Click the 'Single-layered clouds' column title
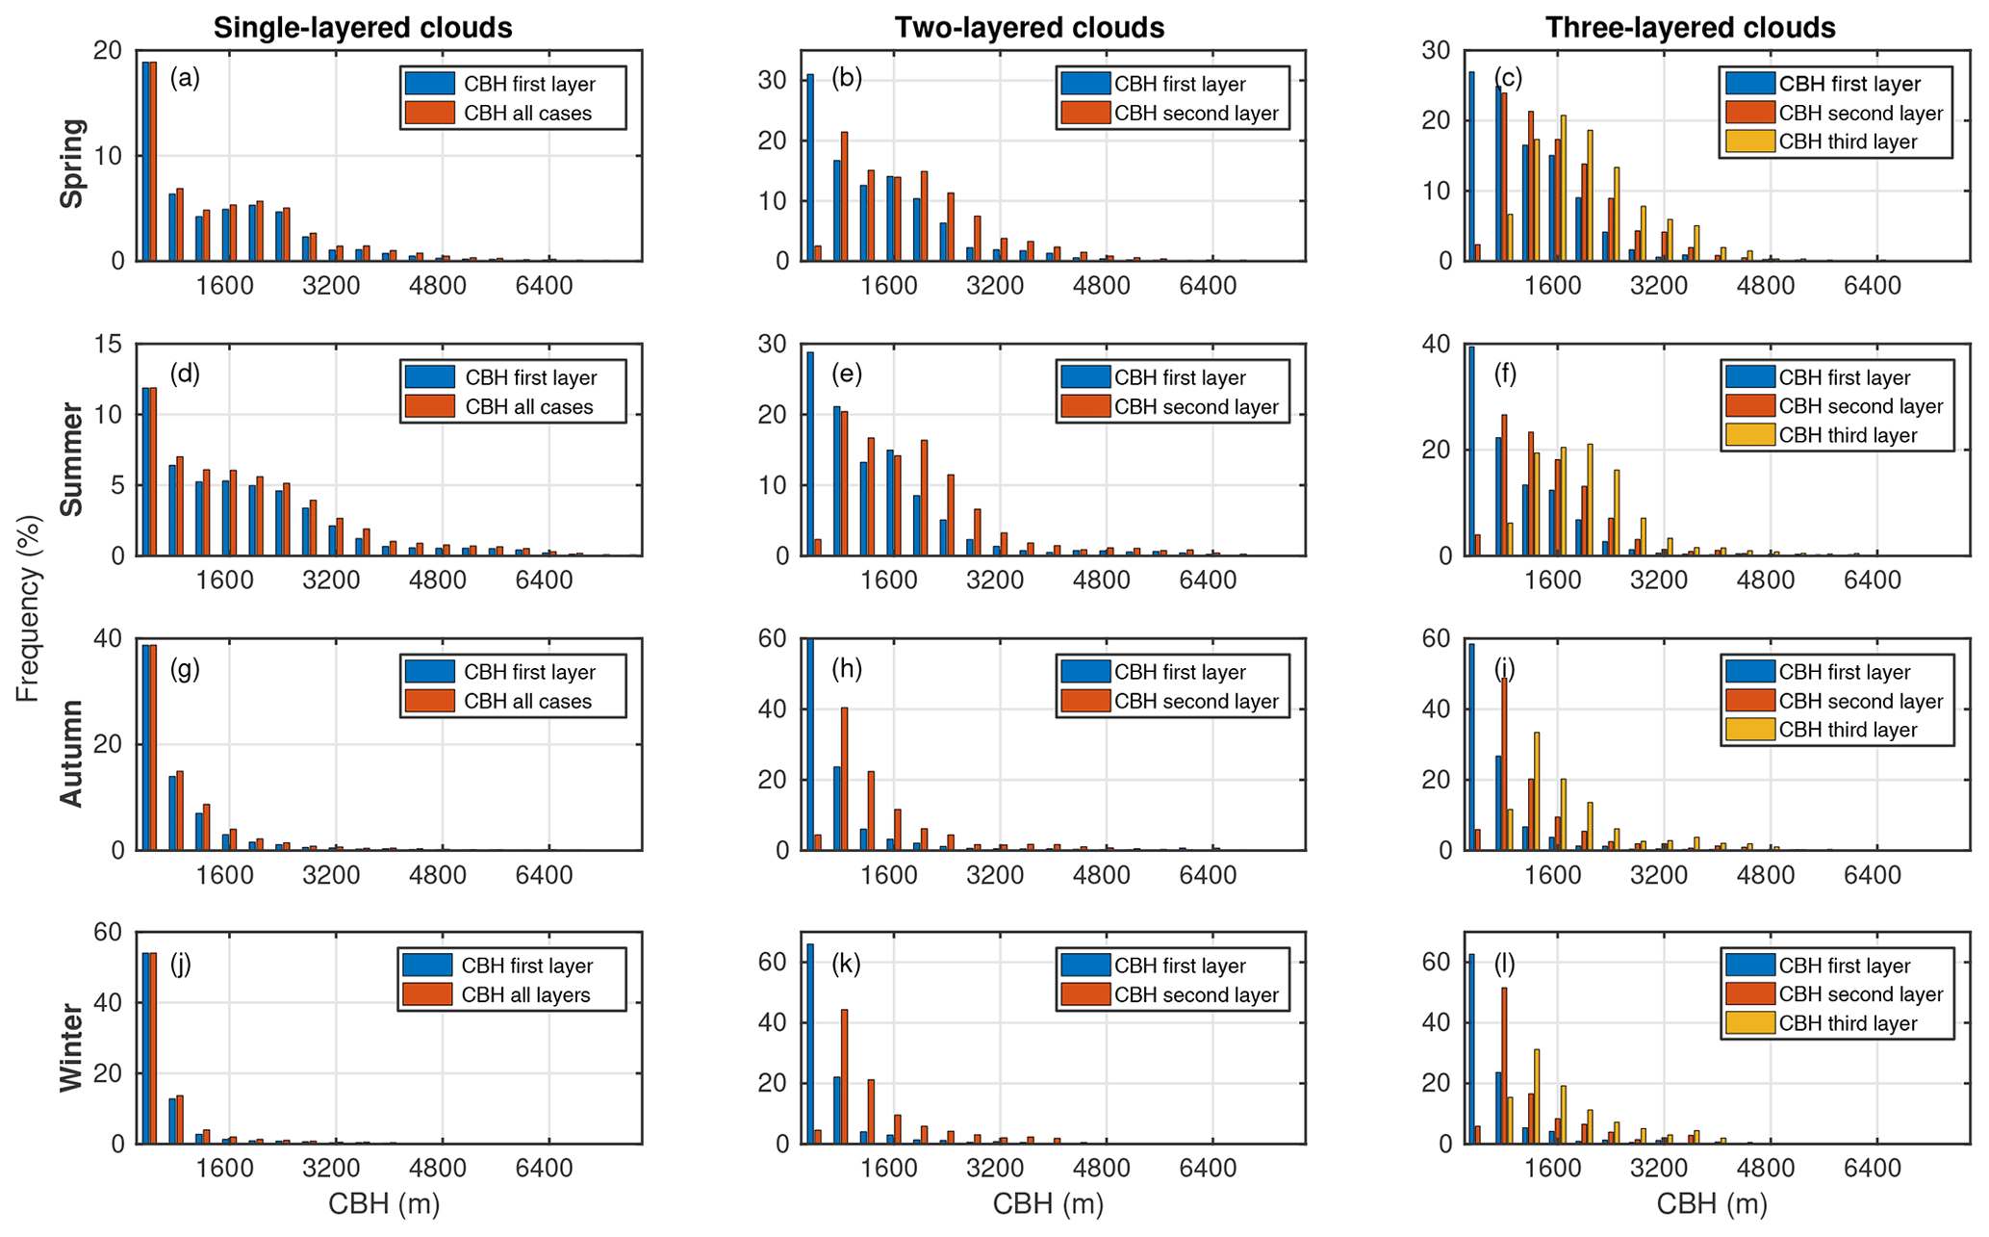pos(363,28)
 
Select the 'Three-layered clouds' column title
pos(1690,28)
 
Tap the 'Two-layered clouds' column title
pos(1029,28)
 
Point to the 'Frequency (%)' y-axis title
pos(29,608)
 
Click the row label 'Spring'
pos(73,163)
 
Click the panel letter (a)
pos(185,78)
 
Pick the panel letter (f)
pos(1506,374)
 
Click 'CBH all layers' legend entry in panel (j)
pos(525,994)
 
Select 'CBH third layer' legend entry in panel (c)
pos(1848,142)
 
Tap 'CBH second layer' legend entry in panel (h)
pos(1196,701)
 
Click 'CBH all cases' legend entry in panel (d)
pos(528,406)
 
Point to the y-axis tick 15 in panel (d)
pos(115,345)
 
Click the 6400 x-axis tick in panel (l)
pos(1872,1169)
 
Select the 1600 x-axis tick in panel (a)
pos(224,286)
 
